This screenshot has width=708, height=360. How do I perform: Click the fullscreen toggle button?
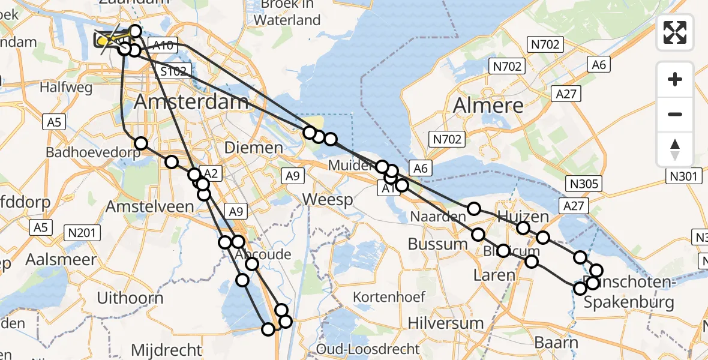tap(675, 32)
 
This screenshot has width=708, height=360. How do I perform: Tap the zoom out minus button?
tap(675, 114)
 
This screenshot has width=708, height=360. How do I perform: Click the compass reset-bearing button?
tap(675, 149)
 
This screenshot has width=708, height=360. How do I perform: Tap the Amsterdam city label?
tap(191, 101)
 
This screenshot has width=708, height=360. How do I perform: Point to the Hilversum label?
tap(445, 323)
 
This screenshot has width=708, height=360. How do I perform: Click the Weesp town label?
tap(328, 199)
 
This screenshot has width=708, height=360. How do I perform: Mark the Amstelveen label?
tap(149, 207)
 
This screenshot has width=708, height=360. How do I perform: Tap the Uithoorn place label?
tap(130, 298)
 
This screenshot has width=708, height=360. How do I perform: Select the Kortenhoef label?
tap(389, 296)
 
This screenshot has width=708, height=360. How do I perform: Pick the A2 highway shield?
tap(213, 173)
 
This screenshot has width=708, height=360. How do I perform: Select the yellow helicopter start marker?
tap(103, 41)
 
